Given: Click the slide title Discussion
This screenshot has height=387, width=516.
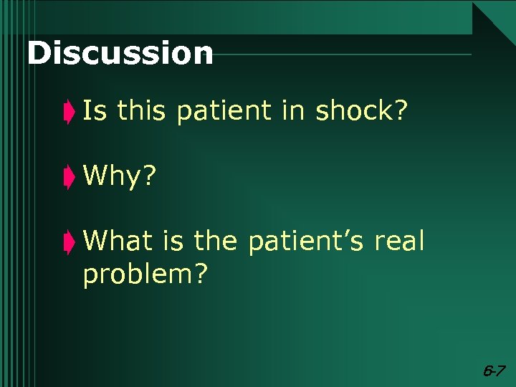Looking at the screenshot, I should [120, 54].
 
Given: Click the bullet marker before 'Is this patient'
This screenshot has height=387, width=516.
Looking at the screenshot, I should [68, 113].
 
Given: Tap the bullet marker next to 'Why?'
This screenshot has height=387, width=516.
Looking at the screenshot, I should [68, 177].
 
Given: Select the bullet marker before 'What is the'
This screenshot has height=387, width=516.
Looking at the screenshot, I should [68, 242].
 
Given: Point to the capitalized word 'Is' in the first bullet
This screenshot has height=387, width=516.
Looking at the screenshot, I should [93, 110].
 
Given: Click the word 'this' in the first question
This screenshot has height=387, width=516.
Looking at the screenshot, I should [140, 110].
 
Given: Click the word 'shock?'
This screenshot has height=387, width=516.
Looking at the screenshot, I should [362, 110].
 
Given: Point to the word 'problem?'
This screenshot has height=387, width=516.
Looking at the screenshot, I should [146, 274].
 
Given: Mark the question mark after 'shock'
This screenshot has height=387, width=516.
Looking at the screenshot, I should [399, 110].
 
